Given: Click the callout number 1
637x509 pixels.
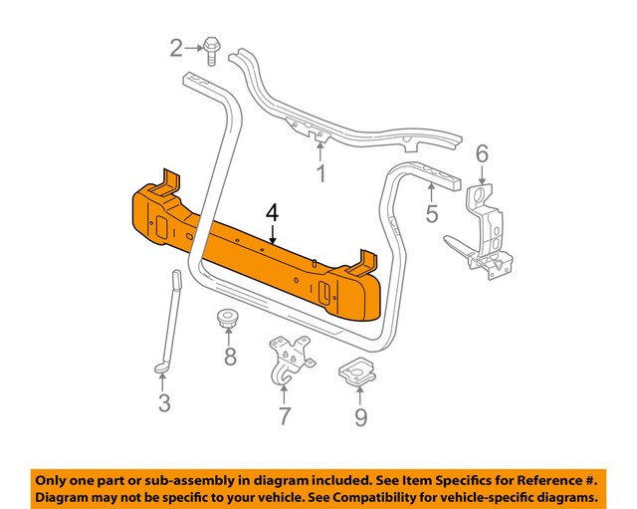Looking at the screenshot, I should coord(320,176).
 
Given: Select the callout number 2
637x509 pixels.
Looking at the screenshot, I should coord(177,47).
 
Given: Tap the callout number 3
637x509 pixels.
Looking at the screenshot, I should coord(164,403).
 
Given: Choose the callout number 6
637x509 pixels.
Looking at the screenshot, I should coord(482,153).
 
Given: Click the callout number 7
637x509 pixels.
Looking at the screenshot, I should coord(284,416).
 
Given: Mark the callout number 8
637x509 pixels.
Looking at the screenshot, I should coord(230,357).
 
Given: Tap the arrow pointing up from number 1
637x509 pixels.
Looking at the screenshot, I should coord(320,152).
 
